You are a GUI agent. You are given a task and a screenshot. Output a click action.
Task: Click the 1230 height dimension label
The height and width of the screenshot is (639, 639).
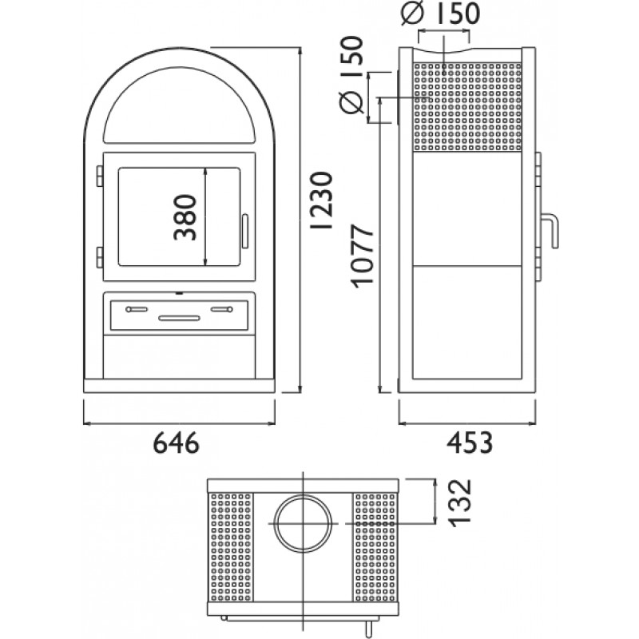click(322, 200)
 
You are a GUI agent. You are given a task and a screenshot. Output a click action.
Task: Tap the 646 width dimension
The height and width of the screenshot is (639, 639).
click(177, 443)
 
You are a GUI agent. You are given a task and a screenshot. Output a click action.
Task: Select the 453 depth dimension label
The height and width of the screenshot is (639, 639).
click(470, 443)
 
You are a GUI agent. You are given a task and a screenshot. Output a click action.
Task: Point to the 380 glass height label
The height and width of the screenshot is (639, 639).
click(185, 217)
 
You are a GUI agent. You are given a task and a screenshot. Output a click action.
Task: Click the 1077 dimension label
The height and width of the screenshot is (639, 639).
click(363, 256)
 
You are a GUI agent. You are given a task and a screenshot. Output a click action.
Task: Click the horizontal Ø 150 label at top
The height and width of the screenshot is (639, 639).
click(441, 13)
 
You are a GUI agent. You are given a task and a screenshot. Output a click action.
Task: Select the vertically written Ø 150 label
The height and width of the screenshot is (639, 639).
click(351, 75)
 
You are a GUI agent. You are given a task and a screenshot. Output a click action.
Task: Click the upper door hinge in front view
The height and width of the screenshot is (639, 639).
click(99, 176)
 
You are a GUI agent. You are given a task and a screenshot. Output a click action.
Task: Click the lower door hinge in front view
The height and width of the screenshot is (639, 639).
click(99, 257)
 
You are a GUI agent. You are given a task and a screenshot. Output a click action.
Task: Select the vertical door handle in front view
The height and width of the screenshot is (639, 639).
click(245, 232)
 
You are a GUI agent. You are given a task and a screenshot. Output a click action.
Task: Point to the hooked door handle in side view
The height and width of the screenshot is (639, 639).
click(550, 231)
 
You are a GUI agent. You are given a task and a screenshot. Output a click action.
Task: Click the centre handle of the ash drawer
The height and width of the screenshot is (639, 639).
click(179, 318)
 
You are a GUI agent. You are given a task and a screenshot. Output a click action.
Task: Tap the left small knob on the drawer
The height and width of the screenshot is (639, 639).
click(137, 309)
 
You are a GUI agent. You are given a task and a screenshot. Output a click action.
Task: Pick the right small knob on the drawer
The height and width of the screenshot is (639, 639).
click(222, 309)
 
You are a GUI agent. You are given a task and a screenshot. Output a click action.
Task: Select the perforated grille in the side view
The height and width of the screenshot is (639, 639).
click(467, 107)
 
